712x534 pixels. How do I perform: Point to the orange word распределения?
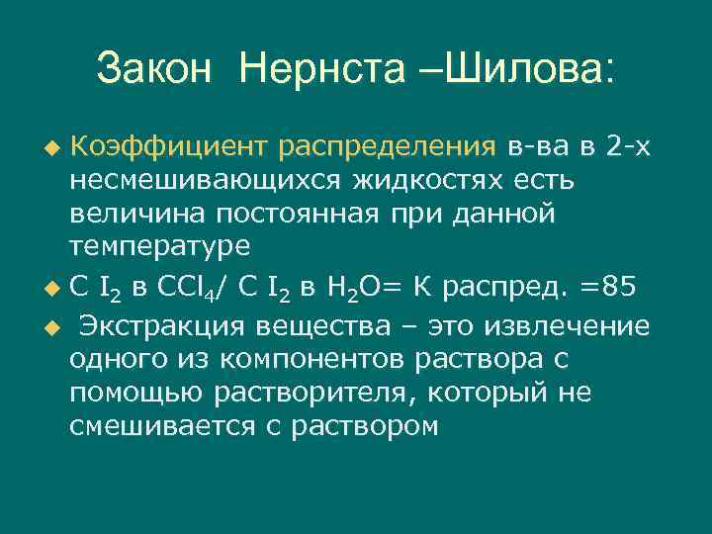pos(386,148)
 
